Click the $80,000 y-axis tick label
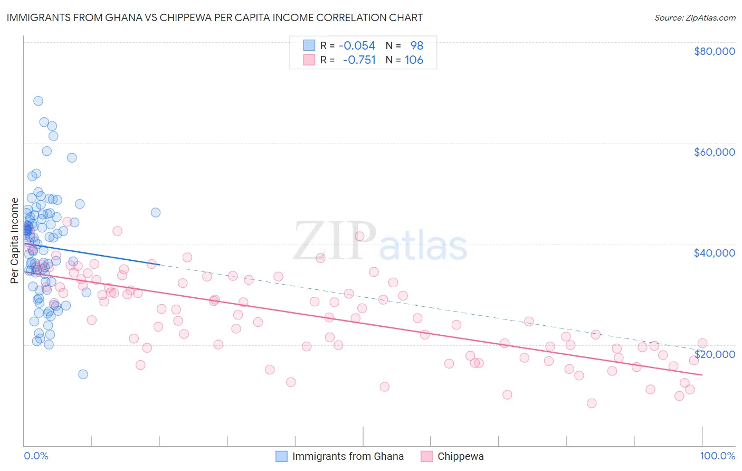714,51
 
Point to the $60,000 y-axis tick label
714,152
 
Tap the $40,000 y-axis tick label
714,253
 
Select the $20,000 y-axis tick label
714,354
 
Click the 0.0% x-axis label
36,456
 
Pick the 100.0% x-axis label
717,456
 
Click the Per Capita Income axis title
15,240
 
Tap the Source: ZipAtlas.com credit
695,18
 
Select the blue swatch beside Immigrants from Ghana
282,456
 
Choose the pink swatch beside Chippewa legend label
426,456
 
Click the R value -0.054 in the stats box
357,46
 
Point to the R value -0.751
359,60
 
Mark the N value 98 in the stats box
417,46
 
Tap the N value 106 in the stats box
414,60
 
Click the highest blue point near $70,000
38,101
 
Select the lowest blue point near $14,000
83,374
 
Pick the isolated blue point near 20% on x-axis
156,212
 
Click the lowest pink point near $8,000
592,403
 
